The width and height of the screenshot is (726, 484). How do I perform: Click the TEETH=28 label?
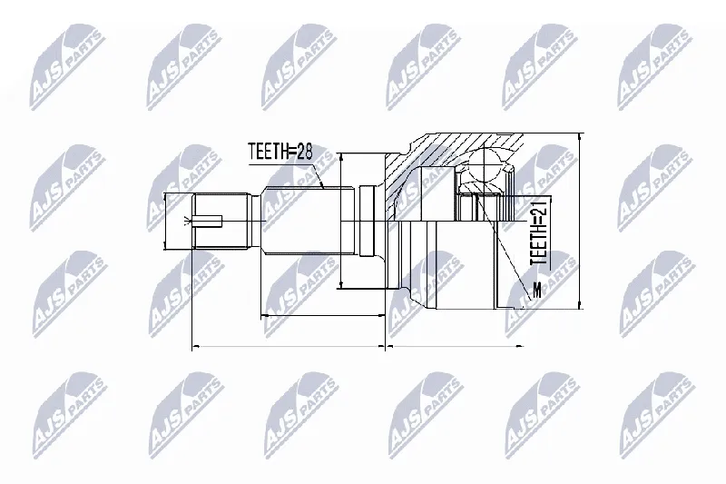tap(280, 152)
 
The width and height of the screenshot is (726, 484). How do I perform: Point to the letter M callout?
tap(537, 290)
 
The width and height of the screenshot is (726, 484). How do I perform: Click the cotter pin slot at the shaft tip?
tap(209, 222)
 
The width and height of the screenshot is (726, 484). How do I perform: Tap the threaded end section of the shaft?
tap(221, 222)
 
